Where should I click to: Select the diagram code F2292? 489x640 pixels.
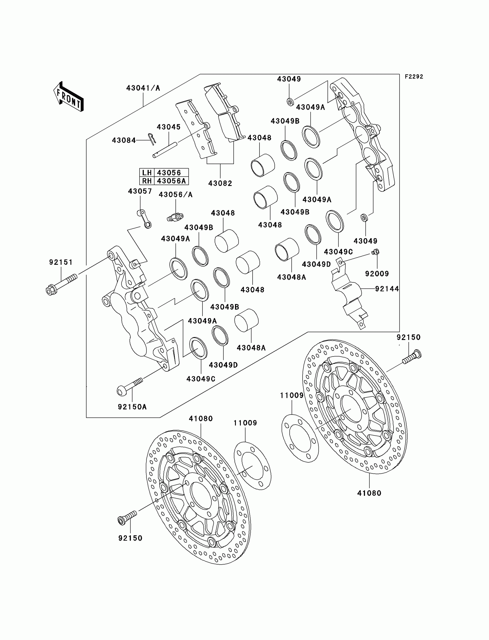414,77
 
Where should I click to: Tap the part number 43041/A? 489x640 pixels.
143,88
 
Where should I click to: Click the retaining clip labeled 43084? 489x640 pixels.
152,139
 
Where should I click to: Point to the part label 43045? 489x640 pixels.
169,127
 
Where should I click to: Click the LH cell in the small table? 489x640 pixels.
147,172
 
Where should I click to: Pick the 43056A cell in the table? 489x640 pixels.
171,181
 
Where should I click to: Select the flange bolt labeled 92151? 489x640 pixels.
61,282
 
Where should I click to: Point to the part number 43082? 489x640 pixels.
220,183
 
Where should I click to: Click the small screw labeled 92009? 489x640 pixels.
376,252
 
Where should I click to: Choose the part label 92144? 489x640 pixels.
387,289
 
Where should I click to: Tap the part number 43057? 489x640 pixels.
140,191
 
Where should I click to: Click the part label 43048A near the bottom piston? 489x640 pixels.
251,348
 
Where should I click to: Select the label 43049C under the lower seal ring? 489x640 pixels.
201,379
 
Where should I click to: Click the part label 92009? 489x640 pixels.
377,274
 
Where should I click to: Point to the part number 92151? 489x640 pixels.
61,262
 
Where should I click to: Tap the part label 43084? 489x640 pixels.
124,140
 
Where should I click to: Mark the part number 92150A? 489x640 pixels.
132,407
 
